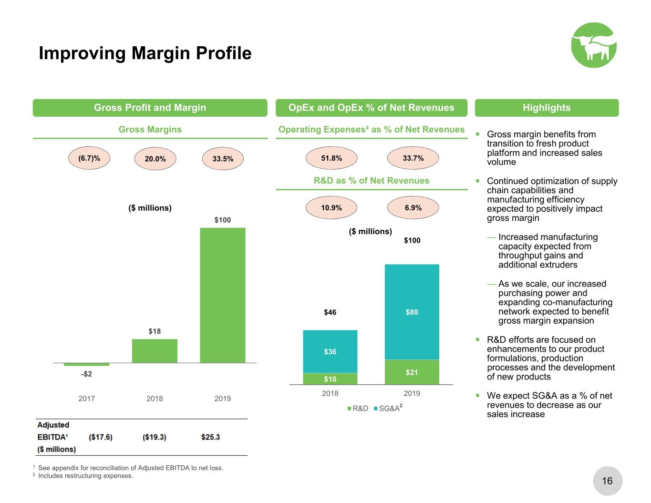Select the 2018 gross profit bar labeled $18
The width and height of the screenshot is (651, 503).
[155, 351]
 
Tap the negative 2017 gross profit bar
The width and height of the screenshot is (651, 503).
[87, 364]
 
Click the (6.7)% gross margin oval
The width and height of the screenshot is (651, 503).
[89, 158]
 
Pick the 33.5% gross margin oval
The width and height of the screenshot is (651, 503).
[223, 159]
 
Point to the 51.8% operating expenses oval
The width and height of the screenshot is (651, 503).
[331, 158]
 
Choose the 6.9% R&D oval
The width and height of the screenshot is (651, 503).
[413, 207]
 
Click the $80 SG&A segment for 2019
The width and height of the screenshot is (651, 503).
[412, 312]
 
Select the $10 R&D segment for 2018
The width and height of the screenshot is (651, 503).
[330, 379]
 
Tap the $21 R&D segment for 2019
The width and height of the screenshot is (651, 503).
[412, 372]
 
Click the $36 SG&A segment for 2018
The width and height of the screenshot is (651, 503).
[330, 351]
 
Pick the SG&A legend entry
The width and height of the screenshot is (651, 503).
[388, 408]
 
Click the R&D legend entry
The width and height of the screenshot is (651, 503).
[358, 409]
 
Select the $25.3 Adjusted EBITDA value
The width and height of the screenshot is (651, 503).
[211, 437]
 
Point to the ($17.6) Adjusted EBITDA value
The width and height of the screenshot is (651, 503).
[101, 437]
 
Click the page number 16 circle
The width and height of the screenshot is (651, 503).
[608, 481]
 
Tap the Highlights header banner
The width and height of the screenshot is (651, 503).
[547, 108]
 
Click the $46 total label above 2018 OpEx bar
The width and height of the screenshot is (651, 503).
[330, 312]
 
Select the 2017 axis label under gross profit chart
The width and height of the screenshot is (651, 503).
[87, 399]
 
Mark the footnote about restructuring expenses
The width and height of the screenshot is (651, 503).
[83, 476]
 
